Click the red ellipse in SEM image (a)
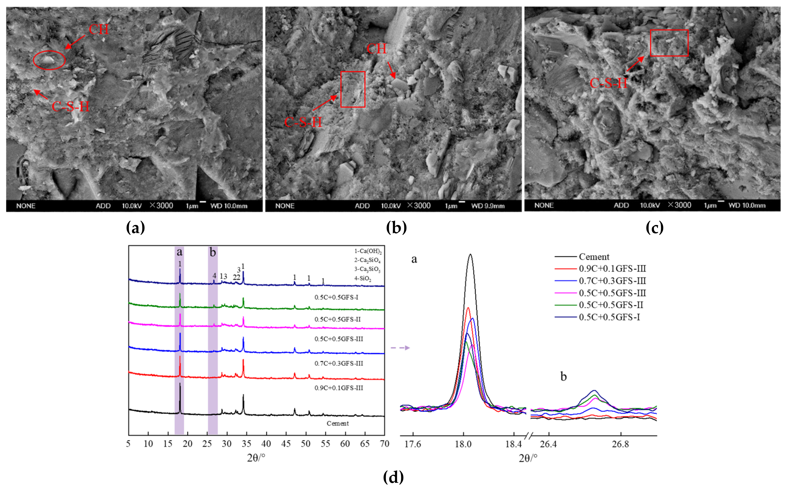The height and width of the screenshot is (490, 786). (x=49, y=60)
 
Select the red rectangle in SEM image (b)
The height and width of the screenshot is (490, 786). (x=353, y=89)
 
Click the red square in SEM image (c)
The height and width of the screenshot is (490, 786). (x=669, y=43)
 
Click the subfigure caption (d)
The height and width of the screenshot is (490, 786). (x=393, y=477)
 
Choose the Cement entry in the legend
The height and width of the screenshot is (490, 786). (x=594, y=257)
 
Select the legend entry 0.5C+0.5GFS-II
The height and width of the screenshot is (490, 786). (x=611, y=305)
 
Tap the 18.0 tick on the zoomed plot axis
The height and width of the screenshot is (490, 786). (x=463, y=444)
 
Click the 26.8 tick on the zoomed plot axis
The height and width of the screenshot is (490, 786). (x=620, y=444)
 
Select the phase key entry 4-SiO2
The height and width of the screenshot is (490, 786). (x=363, y=278)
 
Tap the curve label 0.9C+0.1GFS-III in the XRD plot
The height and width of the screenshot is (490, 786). (x=338, y=388)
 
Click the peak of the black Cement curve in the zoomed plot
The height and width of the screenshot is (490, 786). (x=470, y=254)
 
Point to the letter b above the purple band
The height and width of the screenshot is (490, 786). (x=213, y=252)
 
